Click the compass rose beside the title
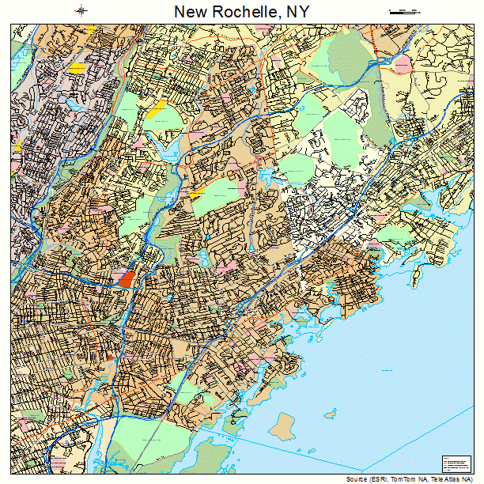(x=81, y=10)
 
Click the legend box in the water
(x=454, y=464)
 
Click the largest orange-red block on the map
(x=127, y=279)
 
